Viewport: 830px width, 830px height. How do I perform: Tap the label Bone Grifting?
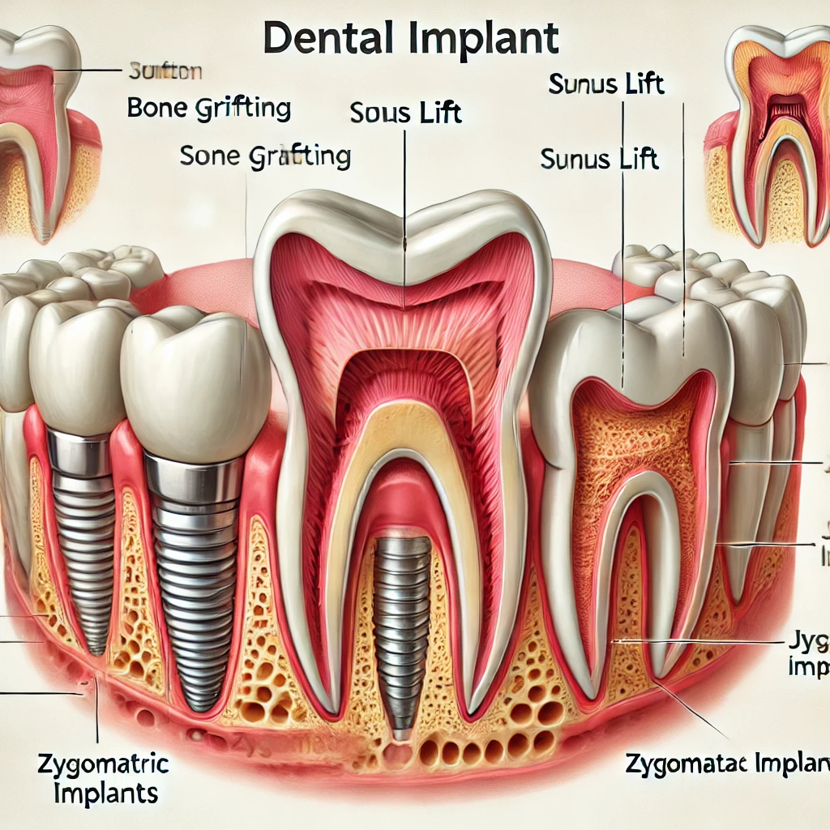click(x=209, y=109)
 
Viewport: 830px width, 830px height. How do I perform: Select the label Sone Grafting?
click(x=265, y=156)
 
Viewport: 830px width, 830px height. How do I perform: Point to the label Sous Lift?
click(x=405, y=112)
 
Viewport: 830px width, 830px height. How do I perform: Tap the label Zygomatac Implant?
click(x=726, y=762)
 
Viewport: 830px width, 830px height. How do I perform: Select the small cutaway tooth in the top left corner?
click(x=41, y=130)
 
